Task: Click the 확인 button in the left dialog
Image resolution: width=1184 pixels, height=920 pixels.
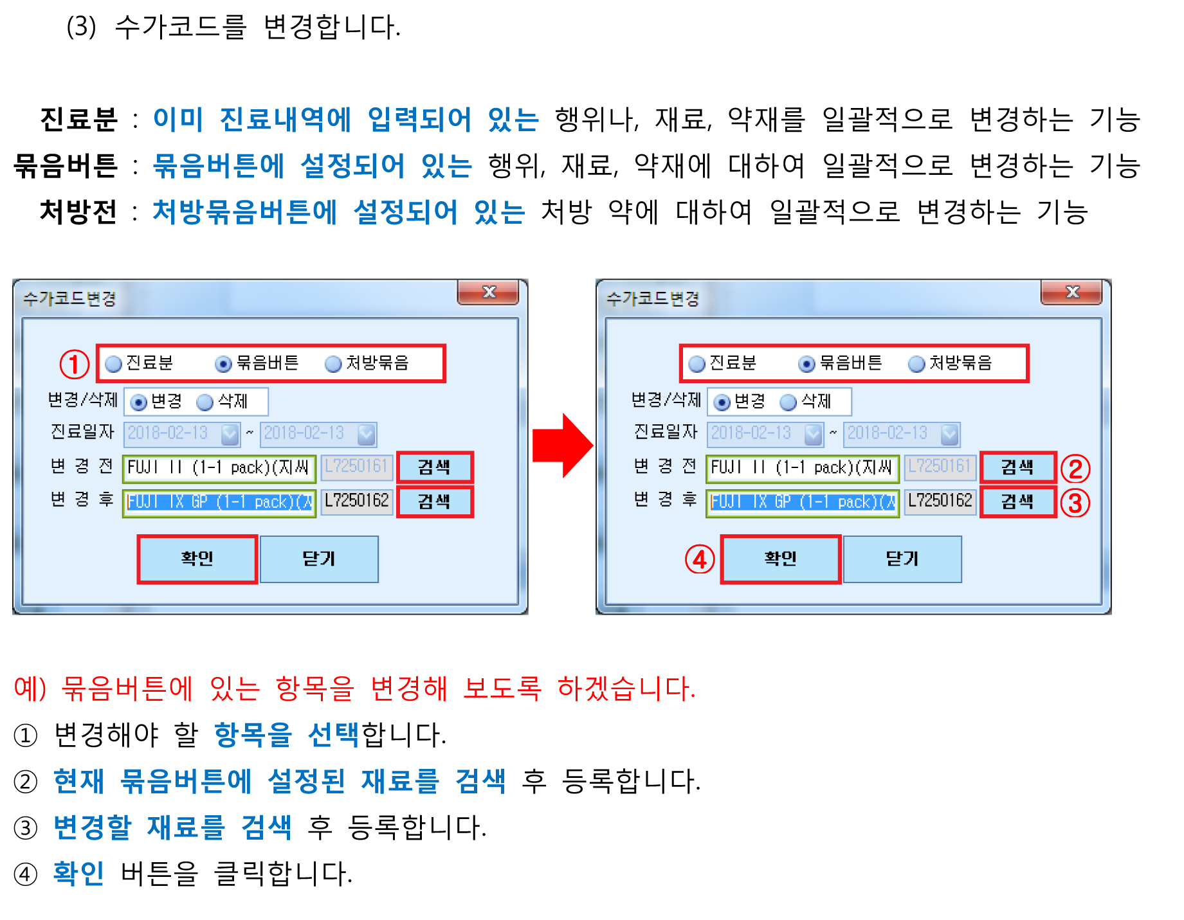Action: tap(197, 559)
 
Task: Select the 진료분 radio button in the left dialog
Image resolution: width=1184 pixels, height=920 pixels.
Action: tap(114, 364)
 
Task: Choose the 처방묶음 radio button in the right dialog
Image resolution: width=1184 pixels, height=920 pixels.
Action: tap(916, 364)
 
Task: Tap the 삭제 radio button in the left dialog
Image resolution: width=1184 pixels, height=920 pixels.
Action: tap(205, 402)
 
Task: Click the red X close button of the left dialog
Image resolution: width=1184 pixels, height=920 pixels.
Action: tap(488, 292)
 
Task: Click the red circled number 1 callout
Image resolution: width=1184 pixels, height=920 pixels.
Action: tap(74, 364)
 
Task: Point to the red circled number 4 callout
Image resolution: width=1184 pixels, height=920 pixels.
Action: tap(700, 559)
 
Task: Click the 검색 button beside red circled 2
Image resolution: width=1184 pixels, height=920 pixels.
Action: tap(1018, 467)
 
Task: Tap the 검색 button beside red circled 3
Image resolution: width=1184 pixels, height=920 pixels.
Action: tap(1018, 501)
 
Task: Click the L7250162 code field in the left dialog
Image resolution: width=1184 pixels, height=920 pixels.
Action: tap(357, 501)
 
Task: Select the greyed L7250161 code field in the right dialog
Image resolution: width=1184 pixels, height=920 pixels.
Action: tap(940, 466)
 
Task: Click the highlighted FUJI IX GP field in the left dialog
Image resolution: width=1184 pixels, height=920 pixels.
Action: tap(219, 502)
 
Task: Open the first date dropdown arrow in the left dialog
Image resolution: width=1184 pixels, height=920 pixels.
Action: tap(230, 434)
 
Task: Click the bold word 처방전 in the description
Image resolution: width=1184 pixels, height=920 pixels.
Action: tap(78, 212)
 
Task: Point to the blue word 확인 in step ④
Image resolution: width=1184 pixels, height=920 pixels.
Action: tap(78, 873)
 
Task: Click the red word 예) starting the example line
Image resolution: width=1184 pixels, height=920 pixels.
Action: tap(30, 688)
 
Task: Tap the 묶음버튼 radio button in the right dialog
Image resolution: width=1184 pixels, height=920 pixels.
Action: tap(806, 364)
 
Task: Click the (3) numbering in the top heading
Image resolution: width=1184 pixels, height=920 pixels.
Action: tap(81, 27)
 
